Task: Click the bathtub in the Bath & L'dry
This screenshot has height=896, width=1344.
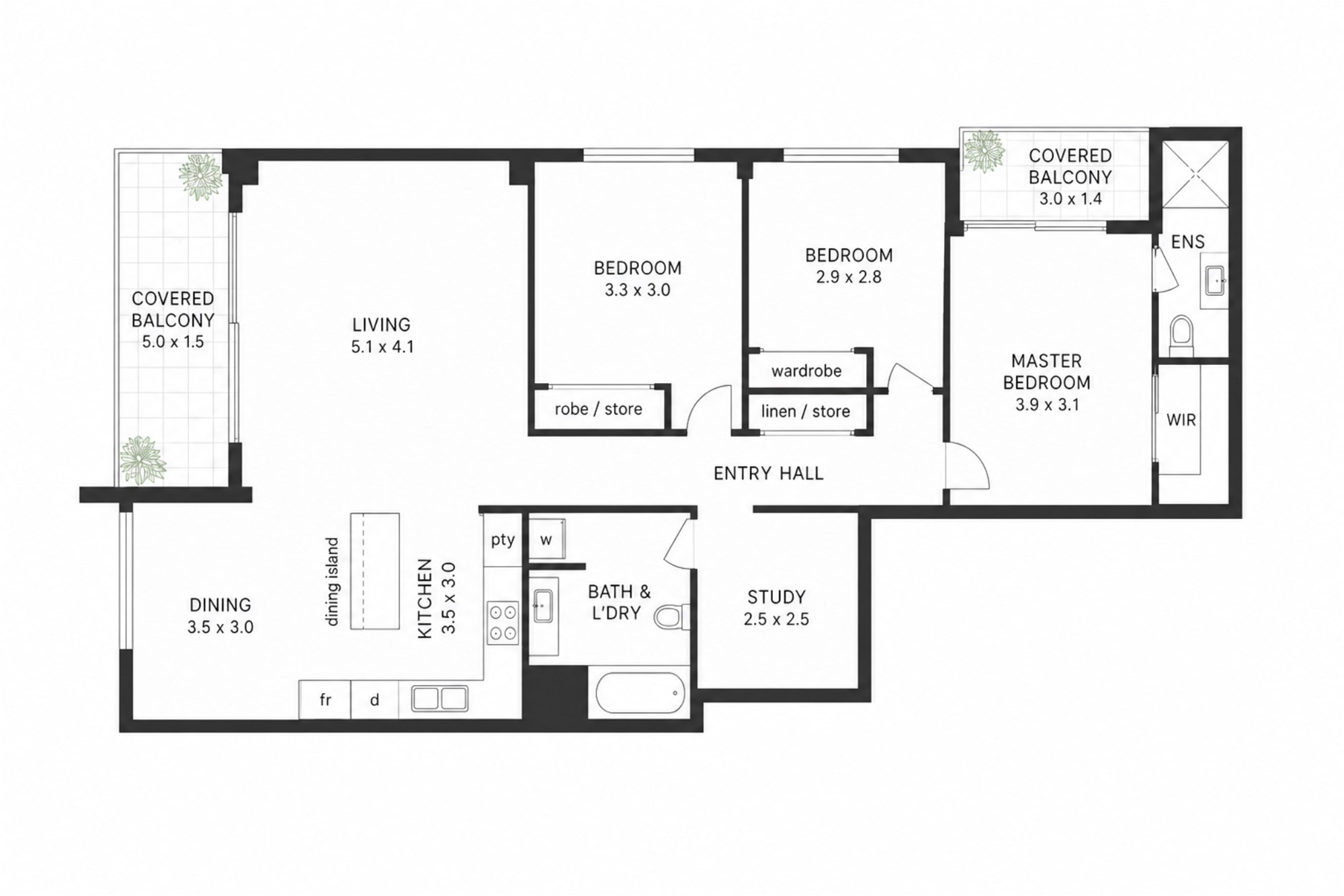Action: (640, 692)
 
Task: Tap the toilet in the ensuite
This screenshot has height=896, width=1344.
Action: (1181, 336)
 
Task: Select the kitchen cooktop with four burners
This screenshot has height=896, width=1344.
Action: (503, 622)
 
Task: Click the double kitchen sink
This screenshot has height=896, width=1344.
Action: (439, 698)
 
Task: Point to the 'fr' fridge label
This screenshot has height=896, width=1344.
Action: (325, 700)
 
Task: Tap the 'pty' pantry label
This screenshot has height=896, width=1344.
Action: (503, 540)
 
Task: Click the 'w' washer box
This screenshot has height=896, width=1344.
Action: (546, 539)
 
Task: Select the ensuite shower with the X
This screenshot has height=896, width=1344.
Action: (1195, 174)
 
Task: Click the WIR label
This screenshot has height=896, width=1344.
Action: (1181, 420)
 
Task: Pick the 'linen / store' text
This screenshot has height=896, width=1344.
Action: (806, 411)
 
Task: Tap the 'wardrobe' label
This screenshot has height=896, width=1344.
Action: (806, 371)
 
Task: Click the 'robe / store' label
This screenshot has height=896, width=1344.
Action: (598, 409)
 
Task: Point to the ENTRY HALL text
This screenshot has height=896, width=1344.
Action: (768, 474)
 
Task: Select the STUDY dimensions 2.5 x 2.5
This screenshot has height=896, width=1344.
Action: (776, 619)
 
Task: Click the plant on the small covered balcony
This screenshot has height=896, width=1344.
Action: (984, 151)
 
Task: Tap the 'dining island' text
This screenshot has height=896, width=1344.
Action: (333, 582)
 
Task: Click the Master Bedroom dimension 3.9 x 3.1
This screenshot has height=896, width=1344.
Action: (1047, 405)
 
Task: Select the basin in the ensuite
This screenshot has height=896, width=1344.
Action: (1215, 280)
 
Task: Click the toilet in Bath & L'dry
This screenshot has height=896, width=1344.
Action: (671, 616)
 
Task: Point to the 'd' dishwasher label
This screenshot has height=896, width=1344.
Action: (374, 700)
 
